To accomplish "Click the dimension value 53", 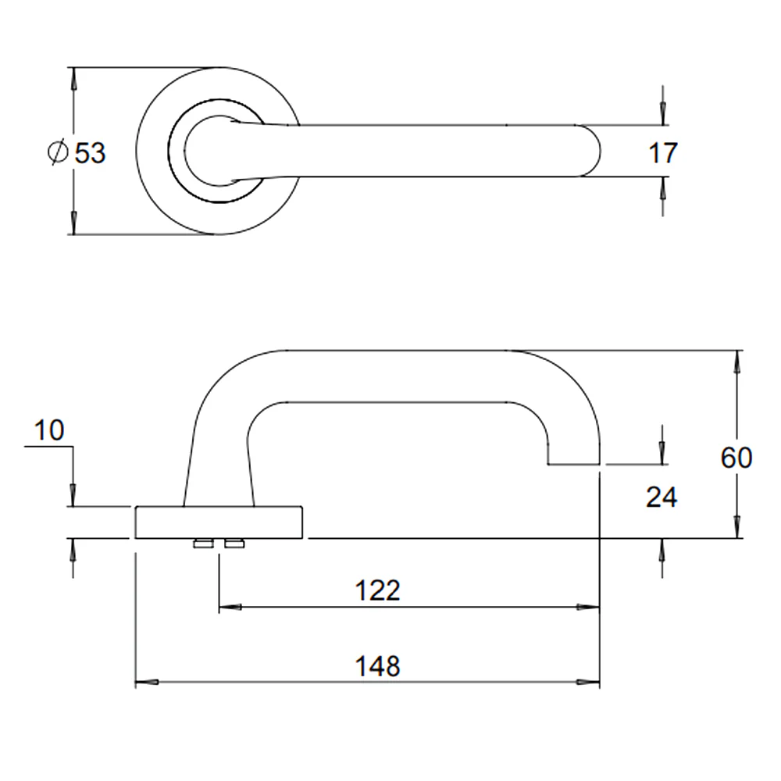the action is click(90, 153).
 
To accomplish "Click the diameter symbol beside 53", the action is click(58, 152).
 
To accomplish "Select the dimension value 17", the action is click(663, 153).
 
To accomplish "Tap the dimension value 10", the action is click(49, 430).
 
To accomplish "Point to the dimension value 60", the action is click(736, 458).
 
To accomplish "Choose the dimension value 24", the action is click(662, 497).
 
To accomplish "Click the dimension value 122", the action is click(377, 590).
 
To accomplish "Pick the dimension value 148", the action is click(377, 666).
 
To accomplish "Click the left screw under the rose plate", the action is click(204, 544).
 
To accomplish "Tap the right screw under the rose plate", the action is click(234, 544).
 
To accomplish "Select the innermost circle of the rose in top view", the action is click(185, 151).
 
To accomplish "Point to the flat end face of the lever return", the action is click(574, 465).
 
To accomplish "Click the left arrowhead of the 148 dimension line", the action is click(147, 682).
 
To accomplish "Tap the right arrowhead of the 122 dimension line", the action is click(588, 607).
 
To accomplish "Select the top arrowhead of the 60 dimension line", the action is click(737, 362).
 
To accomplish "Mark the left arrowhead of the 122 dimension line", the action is click(230, 607).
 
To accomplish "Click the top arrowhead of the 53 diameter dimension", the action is click(73, 79).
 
